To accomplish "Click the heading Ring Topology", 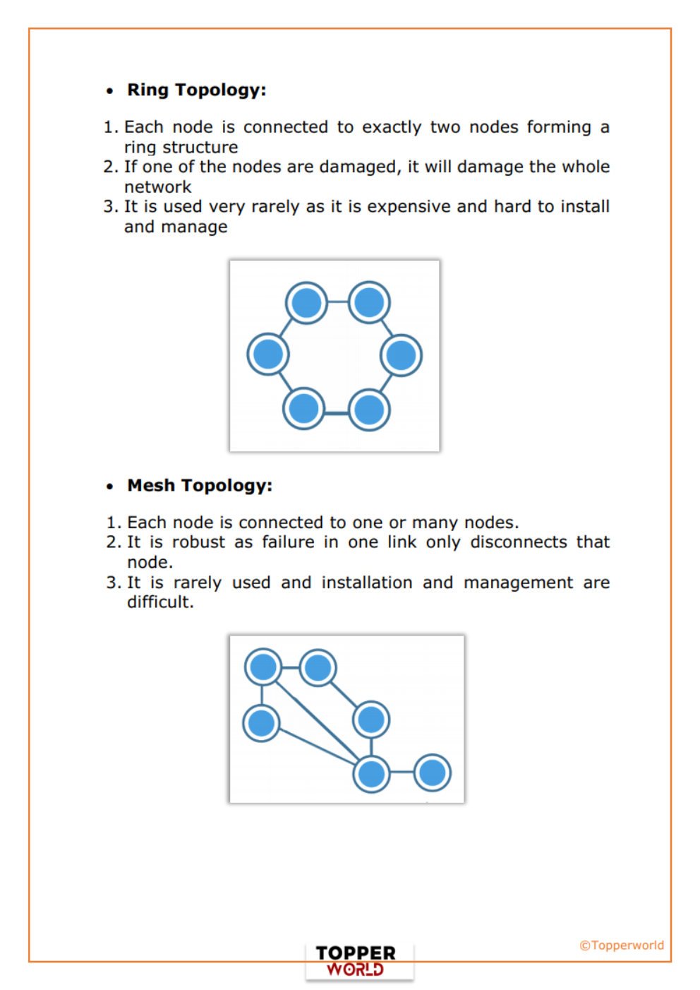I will [196, 90].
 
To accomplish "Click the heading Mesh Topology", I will [199, 486].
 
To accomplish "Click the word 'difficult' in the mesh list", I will [159, 602].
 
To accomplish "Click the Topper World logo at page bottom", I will [356, 960].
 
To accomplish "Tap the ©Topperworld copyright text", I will [621, 945].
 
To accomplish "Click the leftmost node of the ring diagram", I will [268, 354].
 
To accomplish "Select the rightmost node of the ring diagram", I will [401, 354].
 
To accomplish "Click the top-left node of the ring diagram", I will [306, 303].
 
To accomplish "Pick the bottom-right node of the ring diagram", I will [368, 409].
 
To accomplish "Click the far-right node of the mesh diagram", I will [432, 773].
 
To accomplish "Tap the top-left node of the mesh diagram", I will [263, 667].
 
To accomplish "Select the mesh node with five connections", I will [371, 773].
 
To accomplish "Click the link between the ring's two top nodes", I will [337, 302].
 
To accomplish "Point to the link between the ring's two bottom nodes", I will [337, 411].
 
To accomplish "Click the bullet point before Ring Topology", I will [109, 91].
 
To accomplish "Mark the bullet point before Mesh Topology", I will [109, 487].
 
